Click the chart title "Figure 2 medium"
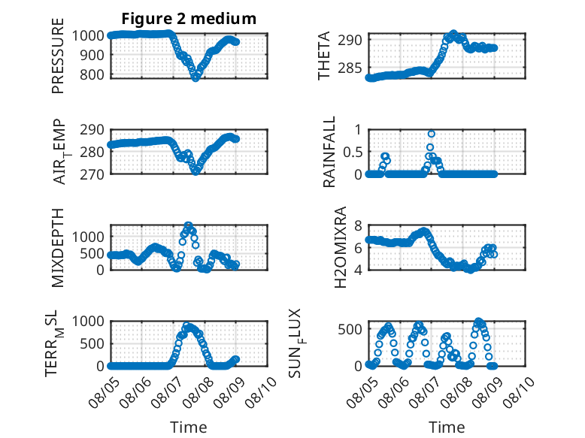(189, 18)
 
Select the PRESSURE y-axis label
(58, 56)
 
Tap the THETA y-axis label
(324, 56)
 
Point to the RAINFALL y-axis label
(329, 152)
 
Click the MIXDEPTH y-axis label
(58, 247)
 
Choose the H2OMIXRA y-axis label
(341, 247)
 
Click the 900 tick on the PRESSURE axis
(92, 55)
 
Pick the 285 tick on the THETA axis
(350, 68)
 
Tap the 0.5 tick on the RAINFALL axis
(353, 152)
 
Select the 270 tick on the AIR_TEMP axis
(92, 174)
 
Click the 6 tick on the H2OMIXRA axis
(359, 247)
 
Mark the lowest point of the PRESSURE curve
(196, 77)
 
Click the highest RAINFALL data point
(432, 134)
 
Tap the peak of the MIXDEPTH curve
(189, 225)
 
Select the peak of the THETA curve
(453, 34)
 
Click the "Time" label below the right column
(447, 427)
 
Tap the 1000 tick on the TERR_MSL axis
(88, 321)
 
